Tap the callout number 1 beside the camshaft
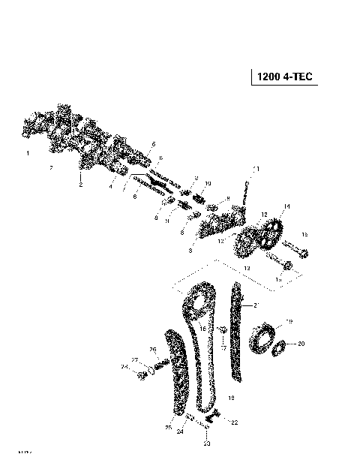click(28, 153)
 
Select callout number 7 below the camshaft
click(51, 168)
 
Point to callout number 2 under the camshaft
click(80, 185)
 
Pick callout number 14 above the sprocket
click(286, 206)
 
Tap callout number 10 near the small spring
click(208, 183)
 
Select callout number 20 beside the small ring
click(301, 344)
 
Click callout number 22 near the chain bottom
click(234, 423)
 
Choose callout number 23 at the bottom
click(207, 443)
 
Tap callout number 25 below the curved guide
click(168, 428)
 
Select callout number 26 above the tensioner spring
click(152, 350)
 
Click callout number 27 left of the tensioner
click(135, 361)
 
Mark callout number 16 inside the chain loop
click(202, 329)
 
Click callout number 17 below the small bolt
click(223, 348)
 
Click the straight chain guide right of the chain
click(237, 330)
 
